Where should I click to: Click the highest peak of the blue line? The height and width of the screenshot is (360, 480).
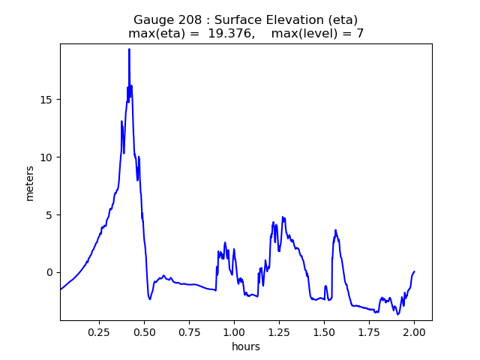pos(129,49)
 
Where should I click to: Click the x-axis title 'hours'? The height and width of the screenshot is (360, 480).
pos(246,346)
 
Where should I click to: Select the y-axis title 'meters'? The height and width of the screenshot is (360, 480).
pos(30,182)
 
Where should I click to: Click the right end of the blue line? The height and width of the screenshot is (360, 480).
pos(414,271)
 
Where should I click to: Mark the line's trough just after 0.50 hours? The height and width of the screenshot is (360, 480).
pos(150,299)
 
